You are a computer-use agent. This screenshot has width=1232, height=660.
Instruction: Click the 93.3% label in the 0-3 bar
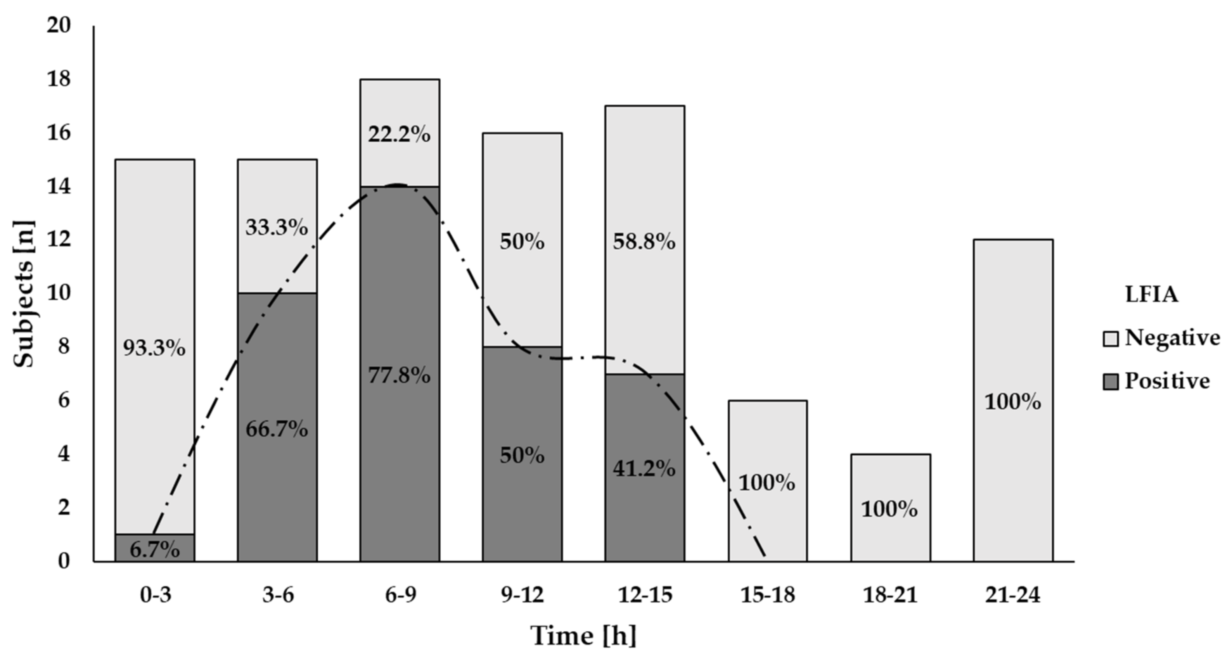[x=154, y=348]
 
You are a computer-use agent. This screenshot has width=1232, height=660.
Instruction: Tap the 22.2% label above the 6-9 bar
[x=399, y=135]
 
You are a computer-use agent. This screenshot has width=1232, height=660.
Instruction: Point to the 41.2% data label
[x=644, y=469]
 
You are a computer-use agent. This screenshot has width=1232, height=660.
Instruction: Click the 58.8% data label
[x=644, y=242]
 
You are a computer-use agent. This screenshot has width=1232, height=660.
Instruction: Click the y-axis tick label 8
[x=64, y=347]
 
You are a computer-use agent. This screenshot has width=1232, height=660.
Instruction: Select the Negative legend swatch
[x=1111, y=339]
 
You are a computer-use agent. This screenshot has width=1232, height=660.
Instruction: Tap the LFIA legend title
[x=1152, y=295]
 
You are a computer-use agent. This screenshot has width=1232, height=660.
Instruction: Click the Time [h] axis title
[x=583, y=636]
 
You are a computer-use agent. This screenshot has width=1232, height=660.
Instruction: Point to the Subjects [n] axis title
[x=24, y=294]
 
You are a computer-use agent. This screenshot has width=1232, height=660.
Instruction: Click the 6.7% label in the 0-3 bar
[x=154, y=550]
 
